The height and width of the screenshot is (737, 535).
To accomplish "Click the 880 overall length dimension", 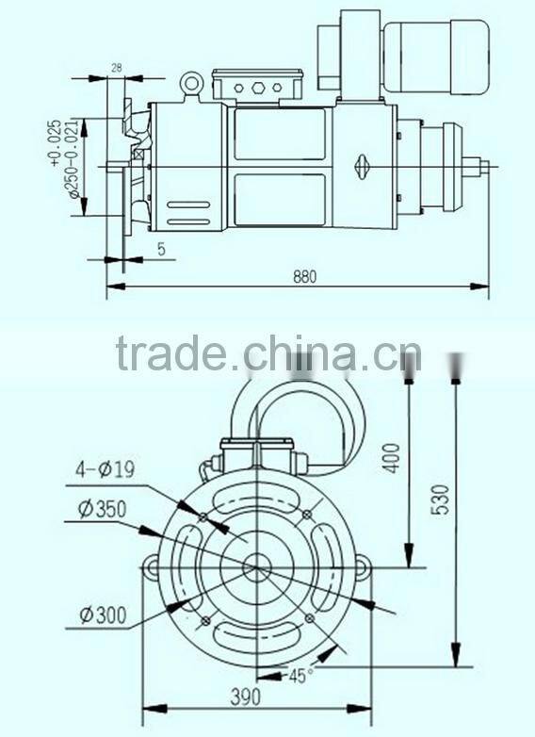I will point(303,276).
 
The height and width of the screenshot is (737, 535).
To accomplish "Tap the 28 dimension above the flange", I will point(117,67).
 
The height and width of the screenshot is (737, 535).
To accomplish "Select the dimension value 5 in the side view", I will point(162,250).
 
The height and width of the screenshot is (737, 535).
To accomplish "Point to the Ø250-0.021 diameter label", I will point(70,169).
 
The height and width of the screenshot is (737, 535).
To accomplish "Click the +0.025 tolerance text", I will point(54,141).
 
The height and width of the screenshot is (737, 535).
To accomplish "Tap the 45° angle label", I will point(299,675).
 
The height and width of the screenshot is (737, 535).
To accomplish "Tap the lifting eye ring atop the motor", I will point(193,85).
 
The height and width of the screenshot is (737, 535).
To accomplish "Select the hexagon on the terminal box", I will point(256,88).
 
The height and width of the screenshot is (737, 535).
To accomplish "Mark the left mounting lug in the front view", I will point(152,566).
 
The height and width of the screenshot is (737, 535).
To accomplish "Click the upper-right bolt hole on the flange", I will point(308,513).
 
